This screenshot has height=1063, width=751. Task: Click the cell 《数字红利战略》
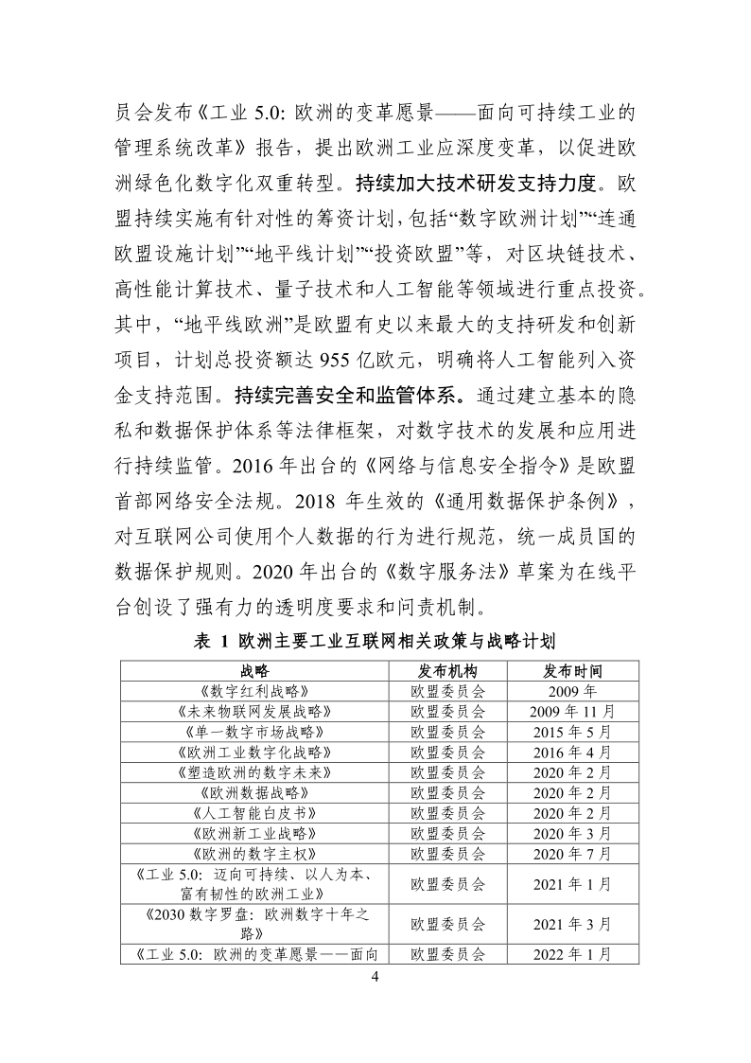[x=253, y=691]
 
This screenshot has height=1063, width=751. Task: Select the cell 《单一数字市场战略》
[x=253, y=732]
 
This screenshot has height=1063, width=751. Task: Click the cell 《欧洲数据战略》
[x=253, y=792]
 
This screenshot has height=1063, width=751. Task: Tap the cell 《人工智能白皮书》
[x=253, y=813]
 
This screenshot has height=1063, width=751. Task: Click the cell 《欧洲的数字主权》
[x=253, y=854]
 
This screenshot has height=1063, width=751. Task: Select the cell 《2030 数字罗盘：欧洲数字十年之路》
[x=253, y=923]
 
